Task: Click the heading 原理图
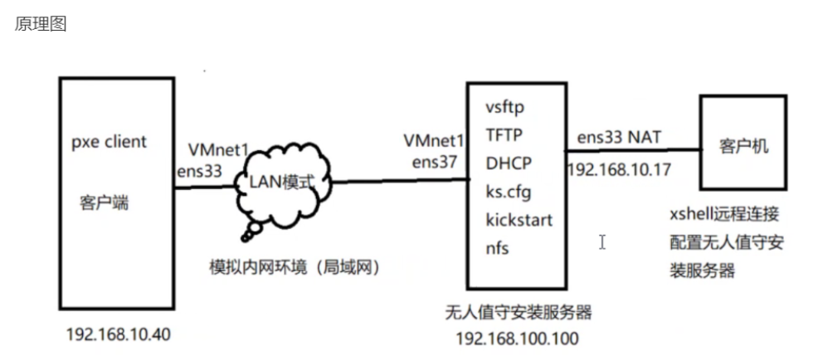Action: tap(41, 24)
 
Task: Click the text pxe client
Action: tap(109, 141)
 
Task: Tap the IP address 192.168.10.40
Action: tap(119, 334)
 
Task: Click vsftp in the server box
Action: tap(504, 108)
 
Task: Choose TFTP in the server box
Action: tap(503, 135)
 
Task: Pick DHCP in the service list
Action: tap(505, 163)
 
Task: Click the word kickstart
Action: tap(517, 221)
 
